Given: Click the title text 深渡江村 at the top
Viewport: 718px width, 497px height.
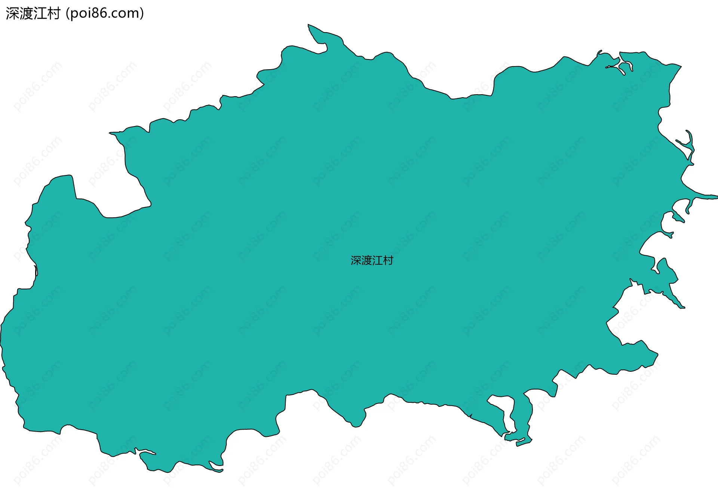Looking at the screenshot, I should pos(33,13).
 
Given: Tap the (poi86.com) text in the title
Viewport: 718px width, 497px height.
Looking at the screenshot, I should pos(105,13).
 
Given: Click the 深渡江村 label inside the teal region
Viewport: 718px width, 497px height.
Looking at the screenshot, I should pos(372,260).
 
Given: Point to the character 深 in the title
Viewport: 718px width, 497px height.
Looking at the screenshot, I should pos(12,13).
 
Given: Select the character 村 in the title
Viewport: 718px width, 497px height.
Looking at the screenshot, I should pos(54,13).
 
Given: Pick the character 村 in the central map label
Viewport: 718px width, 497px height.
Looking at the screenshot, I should pos(388,260).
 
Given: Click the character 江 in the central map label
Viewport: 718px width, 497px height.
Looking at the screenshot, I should pos(377,260).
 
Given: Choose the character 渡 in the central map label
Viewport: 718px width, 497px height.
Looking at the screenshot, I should pos(366,260).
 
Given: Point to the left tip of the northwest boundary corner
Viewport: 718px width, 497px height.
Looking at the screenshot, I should pos(111,132).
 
